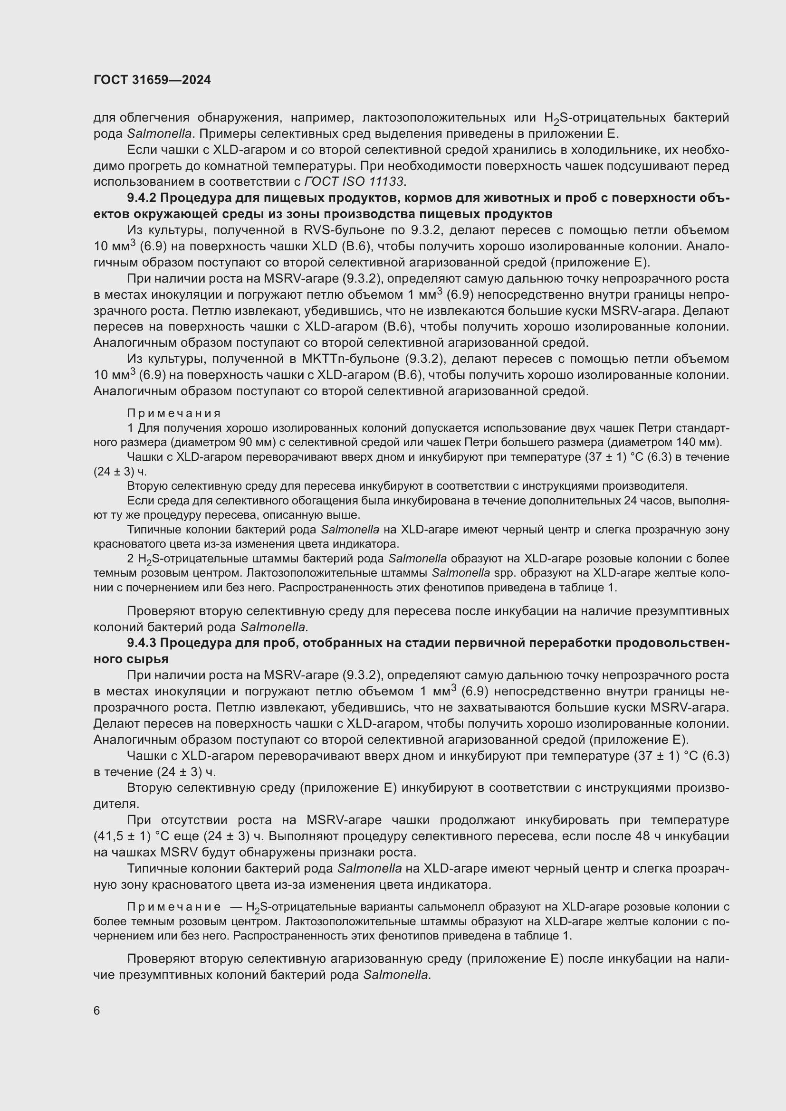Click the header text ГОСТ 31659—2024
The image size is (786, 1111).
tap(152, 80)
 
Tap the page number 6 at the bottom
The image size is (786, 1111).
tap(97, 1010)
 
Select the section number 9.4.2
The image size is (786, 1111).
tap(142, 198)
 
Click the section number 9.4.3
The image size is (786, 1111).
tap(142, 643)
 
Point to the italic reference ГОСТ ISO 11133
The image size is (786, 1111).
tap(355, 182)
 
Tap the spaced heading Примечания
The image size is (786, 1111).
tap(174, 413)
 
